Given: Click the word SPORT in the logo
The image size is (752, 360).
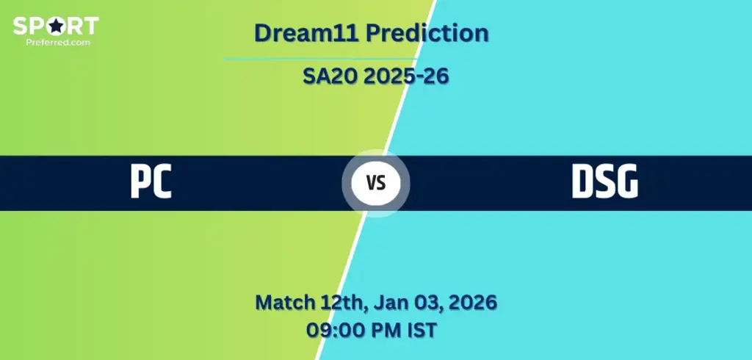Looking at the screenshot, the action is pos(56,26).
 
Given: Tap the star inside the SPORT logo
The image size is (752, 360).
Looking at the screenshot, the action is pos(56,26).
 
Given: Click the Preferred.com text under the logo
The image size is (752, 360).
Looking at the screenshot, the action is pos(57,42).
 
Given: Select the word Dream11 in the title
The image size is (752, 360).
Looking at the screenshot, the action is pos(306,33).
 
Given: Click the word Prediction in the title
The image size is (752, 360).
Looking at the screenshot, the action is pos(427,34).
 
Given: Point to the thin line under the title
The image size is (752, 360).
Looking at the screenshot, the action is pos(320,60).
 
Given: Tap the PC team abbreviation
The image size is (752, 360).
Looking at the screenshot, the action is pos(151,182).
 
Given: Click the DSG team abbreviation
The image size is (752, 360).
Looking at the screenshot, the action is pos(605,182).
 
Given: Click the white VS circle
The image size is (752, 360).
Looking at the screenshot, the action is pos(376,183).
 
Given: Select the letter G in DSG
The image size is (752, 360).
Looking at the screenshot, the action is pos(627,182).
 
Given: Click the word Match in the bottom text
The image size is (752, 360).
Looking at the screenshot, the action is pos(284,303).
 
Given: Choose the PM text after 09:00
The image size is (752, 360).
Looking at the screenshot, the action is pos(380,330).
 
